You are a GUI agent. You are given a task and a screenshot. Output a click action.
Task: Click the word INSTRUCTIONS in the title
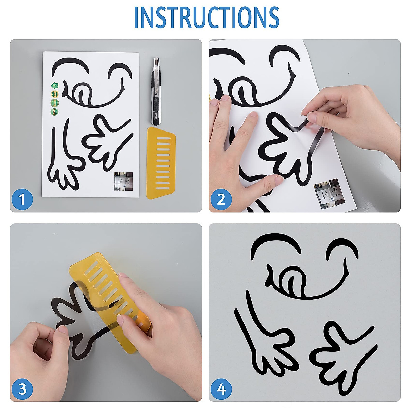click(x=207, y=17)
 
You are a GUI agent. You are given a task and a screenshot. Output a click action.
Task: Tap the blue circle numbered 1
click(x=22, y=200)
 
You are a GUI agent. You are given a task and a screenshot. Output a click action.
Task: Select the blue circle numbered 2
click(x=221, y=200)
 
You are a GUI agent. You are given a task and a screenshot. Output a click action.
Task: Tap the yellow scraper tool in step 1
click(x=161, y=163)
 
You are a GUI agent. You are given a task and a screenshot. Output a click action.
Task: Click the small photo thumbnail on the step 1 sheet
click(x=123, y=182)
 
